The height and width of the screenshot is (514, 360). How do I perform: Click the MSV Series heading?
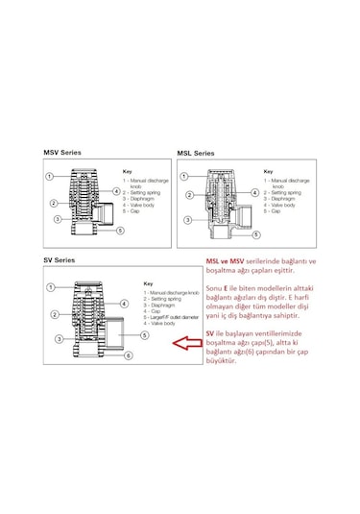[x=63, y=152]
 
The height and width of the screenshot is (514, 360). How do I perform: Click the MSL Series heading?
[x=196, y=153]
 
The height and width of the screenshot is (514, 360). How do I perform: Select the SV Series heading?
[x=60, y=260]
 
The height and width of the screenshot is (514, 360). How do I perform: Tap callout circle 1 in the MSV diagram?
[x=50, y=177]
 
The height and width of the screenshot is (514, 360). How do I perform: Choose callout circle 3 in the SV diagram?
[x=60, y=339]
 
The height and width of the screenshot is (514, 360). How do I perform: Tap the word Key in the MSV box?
[x=127, y=171]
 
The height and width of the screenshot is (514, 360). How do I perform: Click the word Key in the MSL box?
[x=268, y=171]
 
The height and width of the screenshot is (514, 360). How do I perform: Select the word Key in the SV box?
[x=148, y=283]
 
